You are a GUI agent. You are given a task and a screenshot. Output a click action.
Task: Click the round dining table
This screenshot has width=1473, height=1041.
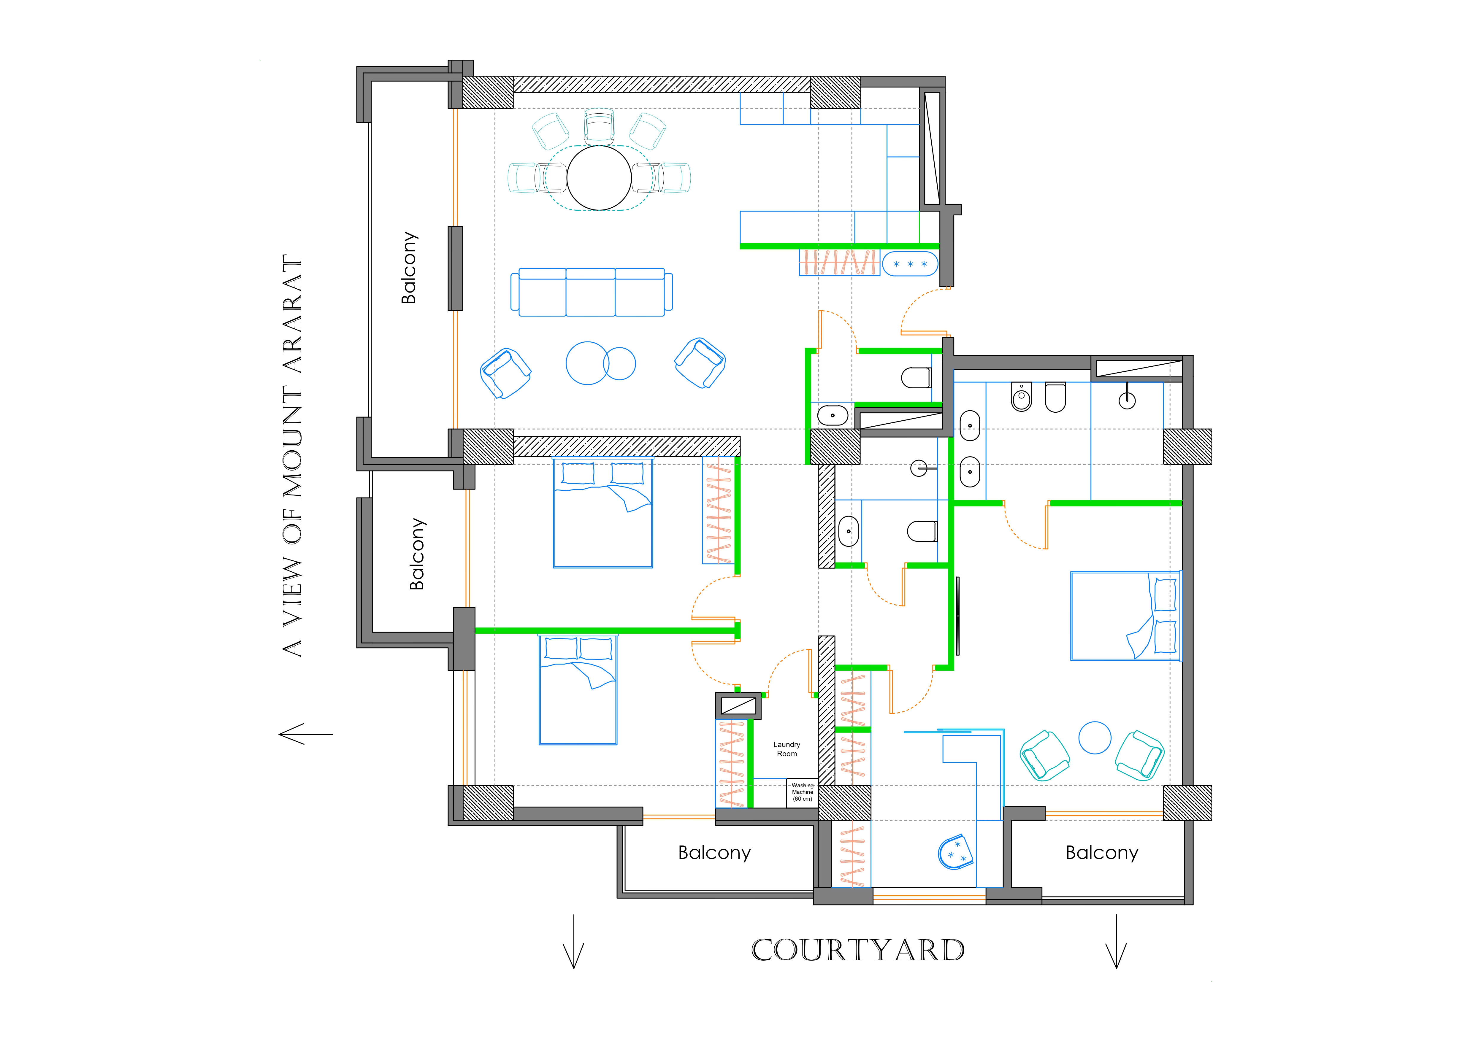(x=599, y=178)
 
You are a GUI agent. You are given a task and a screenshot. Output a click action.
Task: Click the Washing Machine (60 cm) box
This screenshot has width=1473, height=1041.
(x=802, y=793)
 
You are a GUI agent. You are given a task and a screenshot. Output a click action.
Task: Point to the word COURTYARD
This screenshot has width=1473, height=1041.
(x=858, y=950)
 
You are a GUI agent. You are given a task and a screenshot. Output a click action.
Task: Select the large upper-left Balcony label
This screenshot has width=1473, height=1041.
(x=409, y=268)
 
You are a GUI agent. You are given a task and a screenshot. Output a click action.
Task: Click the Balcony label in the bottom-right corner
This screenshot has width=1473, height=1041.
(x=1101, y=852)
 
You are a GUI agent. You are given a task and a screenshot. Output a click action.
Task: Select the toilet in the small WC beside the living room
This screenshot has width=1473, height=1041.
(x=916, y=378)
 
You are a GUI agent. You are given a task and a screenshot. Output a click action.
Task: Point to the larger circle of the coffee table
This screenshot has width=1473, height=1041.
(x=586, y=363)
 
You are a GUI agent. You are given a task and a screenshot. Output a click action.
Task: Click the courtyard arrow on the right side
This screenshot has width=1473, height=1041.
(x=1116, y=941)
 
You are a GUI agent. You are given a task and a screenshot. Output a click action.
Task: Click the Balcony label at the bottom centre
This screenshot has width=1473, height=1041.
(x=714, y=852)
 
